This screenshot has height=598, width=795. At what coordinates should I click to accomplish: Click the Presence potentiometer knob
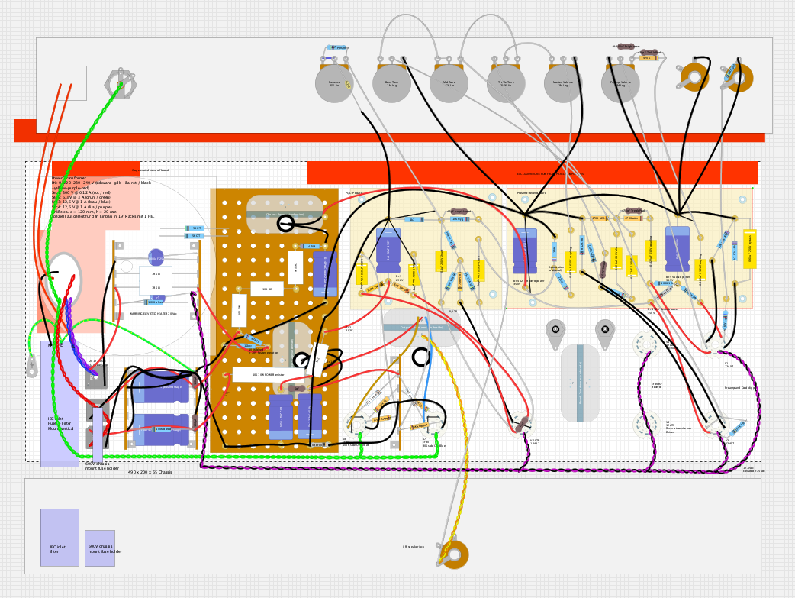334,84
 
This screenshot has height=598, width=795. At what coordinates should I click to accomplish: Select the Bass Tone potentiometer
391,84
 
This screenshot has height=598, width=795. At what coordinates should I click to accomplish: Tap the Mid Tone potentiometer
449,84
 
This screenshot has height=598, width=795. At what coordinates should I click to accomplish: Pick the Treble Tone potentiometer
506,84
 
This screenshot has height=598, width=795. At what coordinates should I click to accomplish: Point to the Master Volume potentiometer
563,84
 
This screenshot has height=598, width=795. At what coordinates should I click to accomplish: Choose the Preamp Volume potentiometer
620,84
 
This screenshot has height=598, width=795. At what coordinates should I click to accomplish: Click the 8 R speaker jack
455,554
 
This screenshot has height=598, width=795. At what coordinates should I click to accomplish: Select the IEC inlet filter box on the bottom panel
60,537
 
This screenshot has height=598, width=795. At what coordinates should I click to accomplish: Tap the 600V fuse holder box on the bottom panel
100,548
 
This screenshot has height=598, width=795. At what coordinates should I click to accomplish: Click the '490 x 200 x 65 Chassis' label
150,472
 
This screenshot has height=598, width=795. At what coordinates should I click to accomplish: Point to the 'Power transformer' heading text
69,179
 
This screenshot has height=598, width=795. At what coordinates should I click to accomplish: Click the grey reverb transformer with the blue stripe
580,383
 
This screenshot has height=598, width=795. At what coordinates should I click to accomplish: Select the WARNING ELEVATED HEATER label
153,314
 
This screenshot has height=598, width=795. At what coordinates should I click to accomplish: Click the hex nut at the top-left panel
120,84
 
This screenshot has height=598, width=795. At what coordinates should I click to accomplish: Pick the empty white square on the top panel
71,82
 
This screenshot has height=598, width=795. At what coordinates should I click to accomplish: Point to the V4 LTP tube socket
522,423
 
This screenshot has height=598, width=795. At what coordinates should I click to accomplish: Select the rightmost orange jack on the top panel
739,77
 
